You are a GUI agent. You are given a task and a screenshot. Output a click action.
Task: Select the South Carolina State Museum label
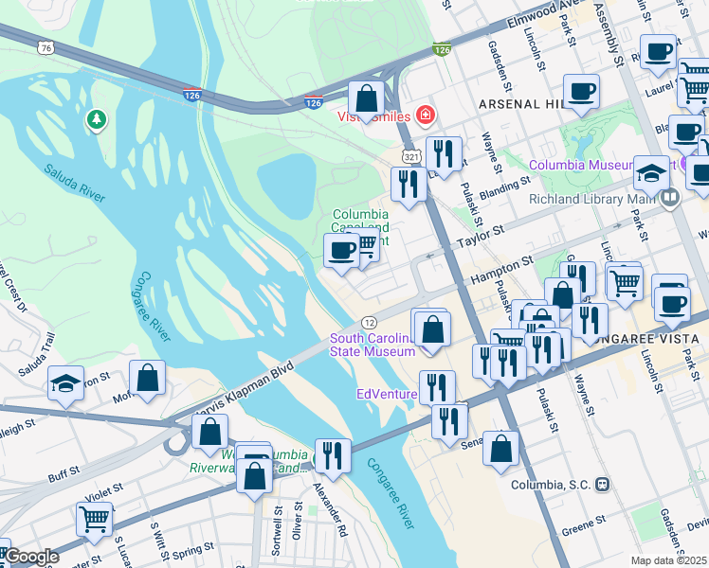pos(372,346)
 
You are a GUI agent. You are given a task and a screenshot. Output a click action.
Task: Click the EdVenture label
pos(386,394)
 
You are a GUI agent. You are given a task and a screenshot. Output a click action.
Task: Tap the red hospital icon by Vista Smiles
pos(426,115)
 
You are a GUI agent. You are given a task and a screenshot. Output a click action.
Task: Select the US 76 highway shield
pos(46,47)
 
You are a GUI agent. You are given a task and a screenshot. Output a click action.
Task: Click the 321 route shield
pos(410,155)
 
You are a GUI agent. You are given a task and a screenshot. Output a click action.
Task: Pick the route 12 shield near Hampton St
pos(370,324)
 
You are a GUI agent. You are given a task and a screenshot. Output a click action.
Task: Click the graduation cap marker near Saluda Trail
pos(64,383)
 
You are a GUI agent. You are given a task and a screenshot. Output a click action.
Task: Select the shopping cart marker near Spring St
pos(95,519)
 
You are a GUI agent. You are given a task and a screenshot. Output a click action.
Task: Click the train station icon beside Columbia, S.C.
pos(601,484)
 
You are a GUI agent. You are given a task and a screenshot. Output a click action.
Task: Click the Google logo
pos(30,558)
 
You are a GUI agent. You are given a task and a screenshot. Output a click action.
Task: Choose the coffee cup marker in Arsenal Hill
pos(581,92)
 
